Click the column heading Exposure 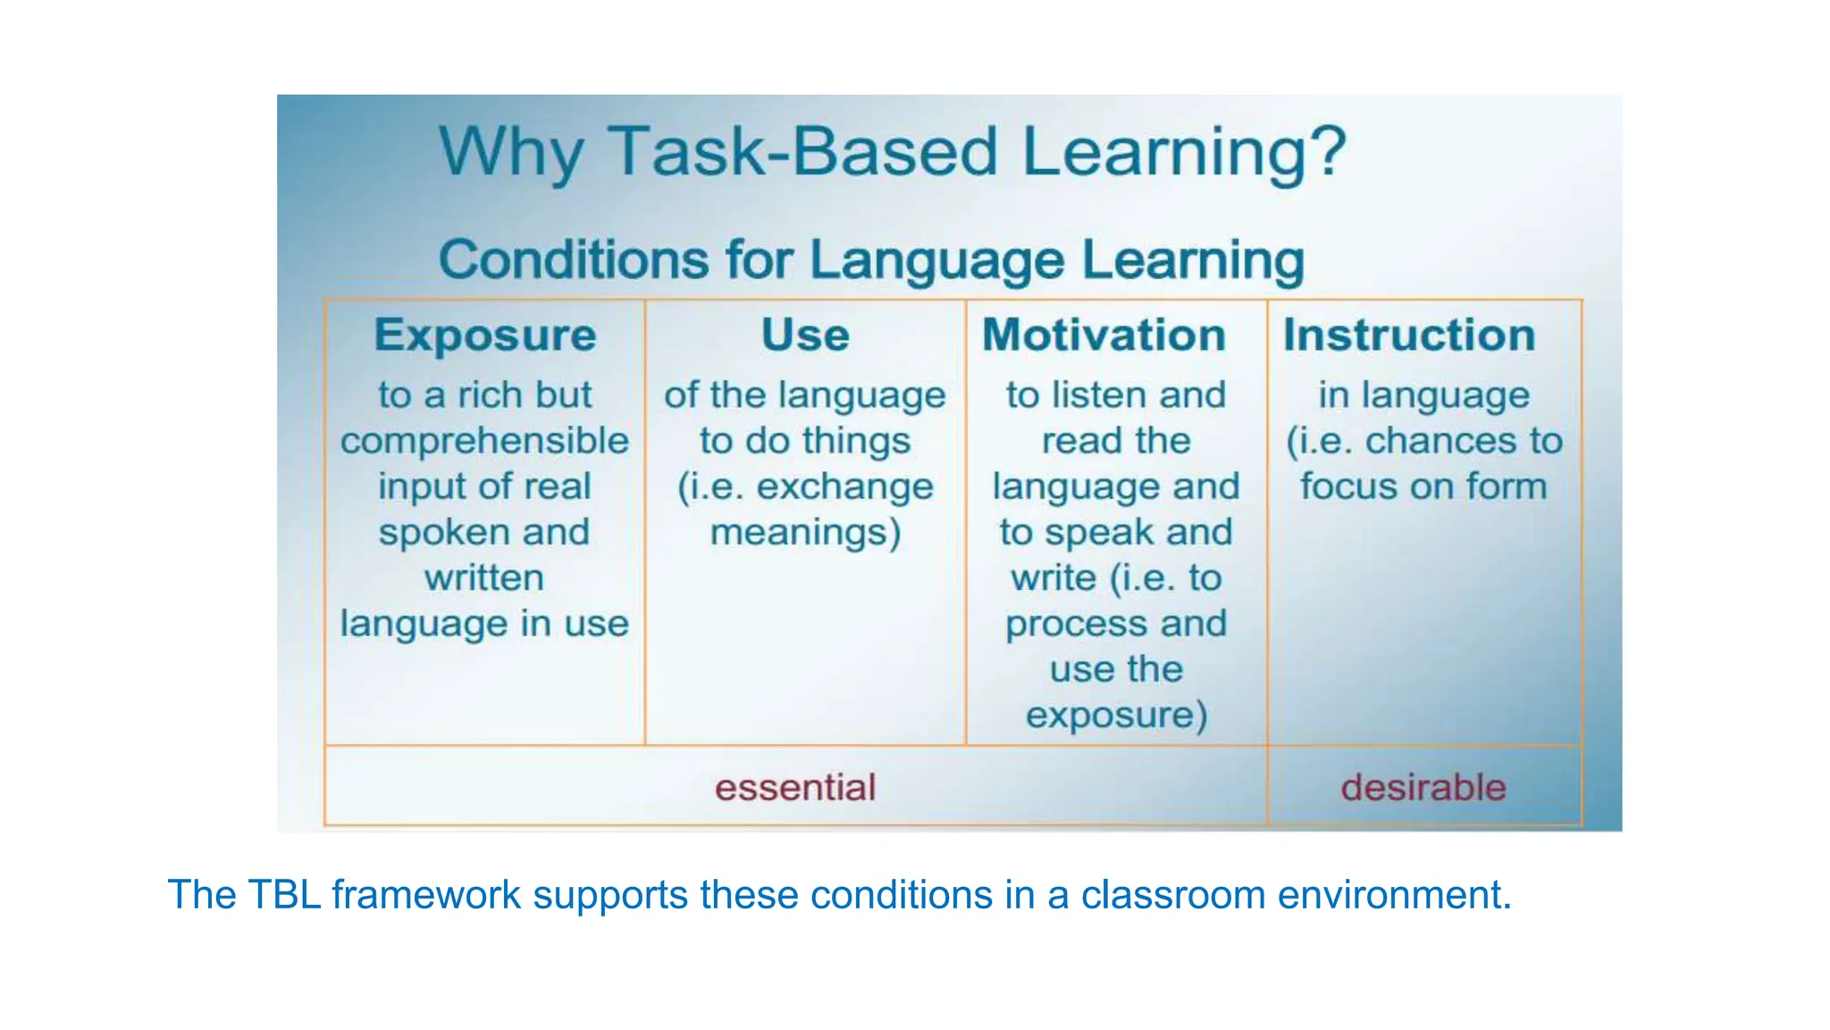pos(485,336)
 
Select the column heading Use pos(805,336)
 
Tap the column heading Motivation pos(1104,336)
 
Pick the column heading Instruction pos(1409,336)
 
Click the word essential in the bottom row pos(795,788)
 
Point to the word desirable pos(1423,788)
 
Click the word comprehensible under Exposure pos(485,441)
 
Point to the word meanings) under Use pos(805,533)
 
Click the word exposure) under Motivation pos(1116,715)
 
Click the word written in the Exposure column pos(484,578)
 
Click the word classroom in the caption pos(1172,895)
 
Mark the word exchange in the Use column pos(844,486)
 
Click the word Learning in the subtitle pos(1193,260)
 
